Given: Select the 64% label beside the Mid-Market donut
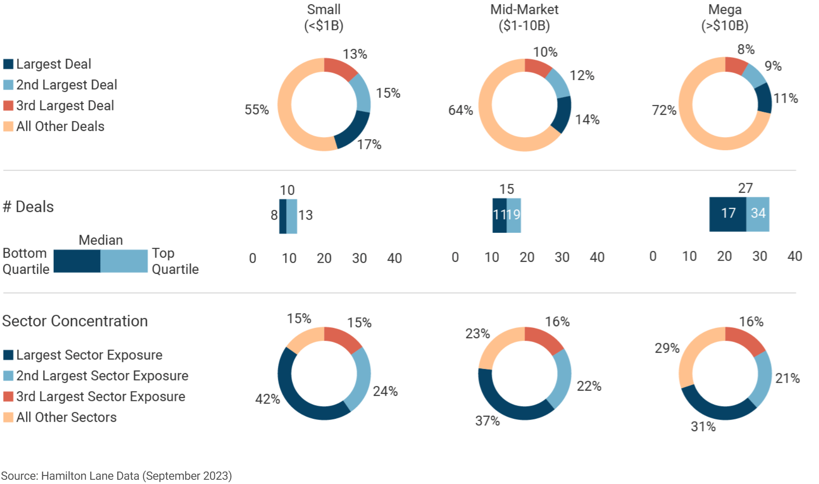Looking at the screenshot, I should pyautogui.click(x=460, y=110).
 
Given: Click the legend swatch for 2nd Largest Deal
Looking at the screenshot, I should pyautogui.click(x=8, y=85).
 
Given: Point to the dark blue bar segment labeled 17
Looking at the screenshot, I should pyautogui.click(x=728, y=214).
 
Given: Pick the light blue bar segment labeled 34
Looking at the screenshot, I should pyautogui.click(x=758, y=214).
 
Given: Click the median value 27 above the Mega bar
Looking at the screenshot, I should pyautogui.click(x=745, y=188).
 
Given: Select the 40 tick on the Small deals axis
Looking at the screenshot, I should pyautogui.click(x=394, y=258).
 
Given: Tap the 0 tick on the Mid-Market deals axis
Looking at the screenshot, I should pyautogui.click(x=455, y=257).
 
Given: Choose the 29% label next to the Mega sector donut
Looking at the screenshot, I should pyautogui.click(x=667, y=348).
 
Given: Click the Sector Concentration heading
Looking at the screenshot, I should pyautogui.click(x=75, y=321).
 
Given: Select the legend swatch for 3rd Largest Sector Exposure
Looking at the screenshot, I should pyautogui.click(x=8, y=397).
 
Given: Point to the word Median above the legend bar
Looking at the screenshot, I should pyautogui.click(x=101, y=240).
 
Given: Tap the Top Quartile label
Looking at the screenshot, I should pyautogui.click(x=175, y=261).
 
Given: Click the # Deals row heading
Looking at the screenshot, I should pyautogui.click(x=29, y=207).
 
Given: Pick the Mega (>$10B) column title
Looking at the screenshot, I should pyautogui.click(x=725, y=17).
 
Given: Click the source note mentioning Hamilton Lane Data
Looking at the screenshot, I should pyautogui.click(x=116, y=476).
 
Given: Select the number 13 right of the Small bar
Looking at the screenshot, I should pyautogui.click(x=305, y=215).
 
